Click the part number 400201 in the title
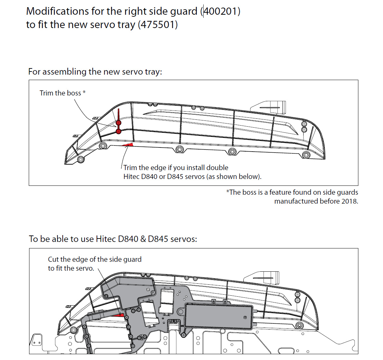click(x=220, y=11)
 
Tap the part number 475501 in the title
click(x=157, y=25)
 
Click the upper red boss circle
click(x=118, y=123)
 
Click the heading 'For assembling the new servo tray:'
click(x=95, y=72)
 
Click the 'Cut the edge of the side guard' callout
click(x=95, y=259)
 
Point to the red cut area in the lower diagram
click(x=119, y=314)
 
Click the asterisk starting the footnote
click(x=227, y=192)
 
